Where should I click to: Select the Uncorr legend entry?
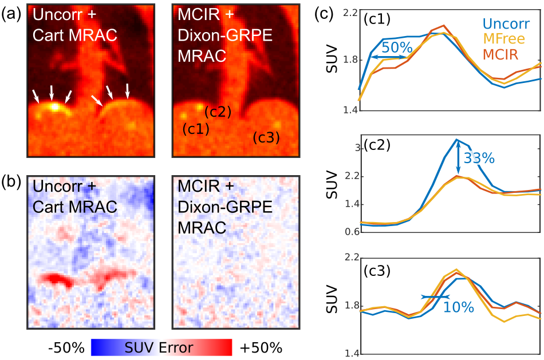(503, 25)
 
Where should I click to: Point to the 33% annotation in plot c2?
(479, 159)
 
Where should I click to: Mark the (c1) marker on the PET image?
(195, 129)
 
